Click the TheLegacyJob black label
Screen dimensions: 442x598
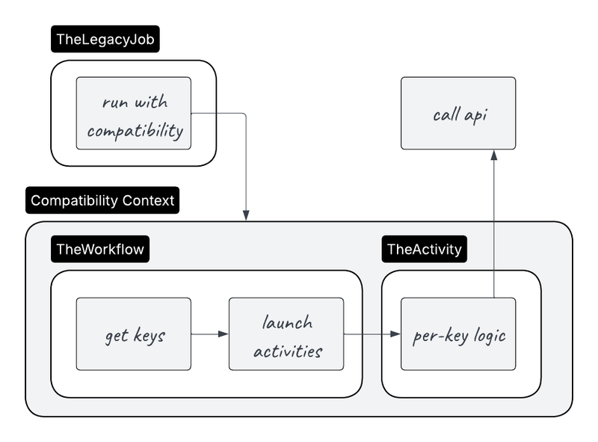click(105, 40)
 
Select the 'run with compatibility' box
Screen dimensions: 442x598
click(134, 114)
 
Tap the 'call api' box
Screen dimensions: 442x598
click(458, 113)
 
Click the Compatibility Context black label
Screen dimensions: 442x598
click(102, 200)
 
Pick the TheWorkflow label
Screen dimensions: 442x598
click(99, 249)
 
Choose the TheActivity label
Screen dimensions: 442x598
click(424, 249)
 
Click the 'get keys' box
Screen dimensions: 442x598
click(134, 334)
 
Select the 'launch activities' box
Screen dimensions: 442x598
click(286, 334)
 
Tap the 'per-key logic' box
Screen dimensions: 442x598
click(458, 334)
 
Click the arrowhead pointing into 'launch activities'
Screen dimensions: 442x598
click(224, 334)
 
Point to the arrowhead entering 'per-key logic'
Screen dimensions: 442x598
click(395, 334)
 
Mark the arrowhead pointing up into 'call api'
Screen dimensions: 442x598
click(493, 155)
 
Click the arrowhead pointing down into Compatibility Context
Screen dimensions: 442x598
click(246, 215)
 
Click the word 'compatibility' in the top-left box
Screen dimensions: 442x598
click(135, 130)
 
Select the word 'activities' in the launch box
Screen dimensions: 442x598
click(287, 350)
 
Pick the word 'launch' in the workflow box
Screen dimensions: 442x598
click(287, 322)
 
